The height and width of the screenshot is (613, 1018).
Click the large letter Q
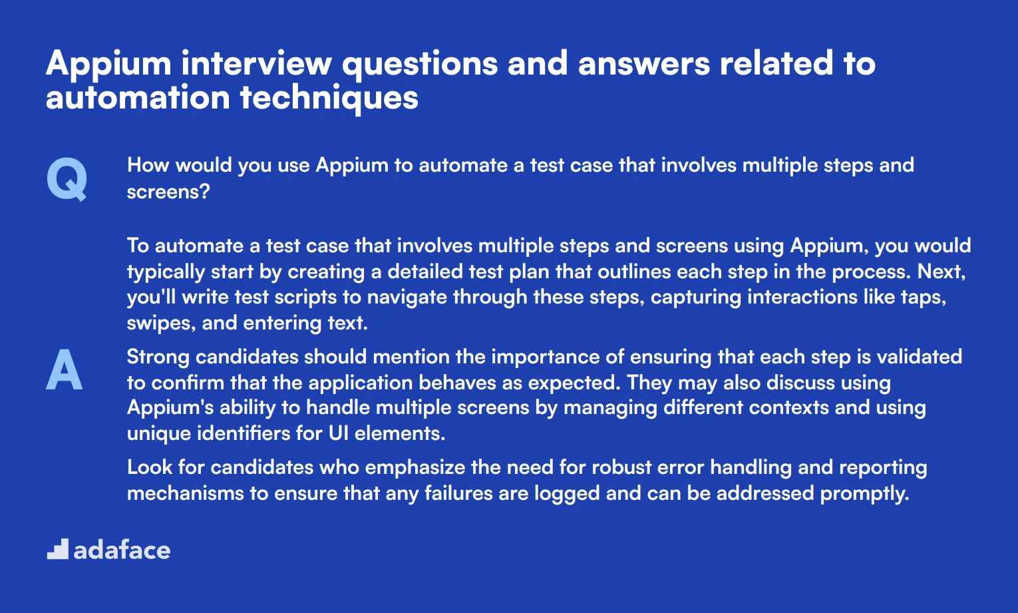pyautogui.click(x=67, y=179)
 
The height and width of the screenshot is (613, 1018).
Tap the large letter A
pyautogui.click(x=64, y=369)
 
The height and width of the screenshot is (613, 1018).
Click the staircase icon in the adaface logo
pyautogui.click(x=58, y=549)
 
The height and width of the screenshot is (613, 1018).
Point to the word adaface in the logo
pyautogui.click(x=122, y=550)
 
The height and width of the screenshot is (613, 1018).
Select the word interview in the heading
pyautogui.click(x=256, y=63)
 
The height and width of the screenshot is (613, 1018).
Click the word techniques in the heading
pyautogui.click(x=329, y=98)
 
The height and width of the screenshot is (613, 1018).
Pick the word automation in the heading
pyautogui.click(x=138, y=98)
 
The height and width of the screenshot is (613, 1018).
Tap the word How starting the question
pyautogui.click(x=148, y=164)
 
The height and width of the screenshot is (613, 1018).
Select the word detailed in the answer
pyautogui.click(x=424, y=272)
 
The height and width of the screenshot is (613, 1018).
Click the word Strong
pyautogui.click(x=158, y=357)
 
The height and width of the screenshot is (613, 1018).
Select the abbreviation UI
pyautogui.click(x=339, y=433)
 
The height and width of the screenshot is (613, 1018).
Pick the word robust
pyautogui.click(x=621, y=467)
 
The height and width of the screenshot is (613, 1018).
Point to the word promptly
pyautogui.click(x=865, y=494)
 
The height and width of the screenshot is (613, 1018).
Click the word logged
pyautogui.click(x=567, y=494)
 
